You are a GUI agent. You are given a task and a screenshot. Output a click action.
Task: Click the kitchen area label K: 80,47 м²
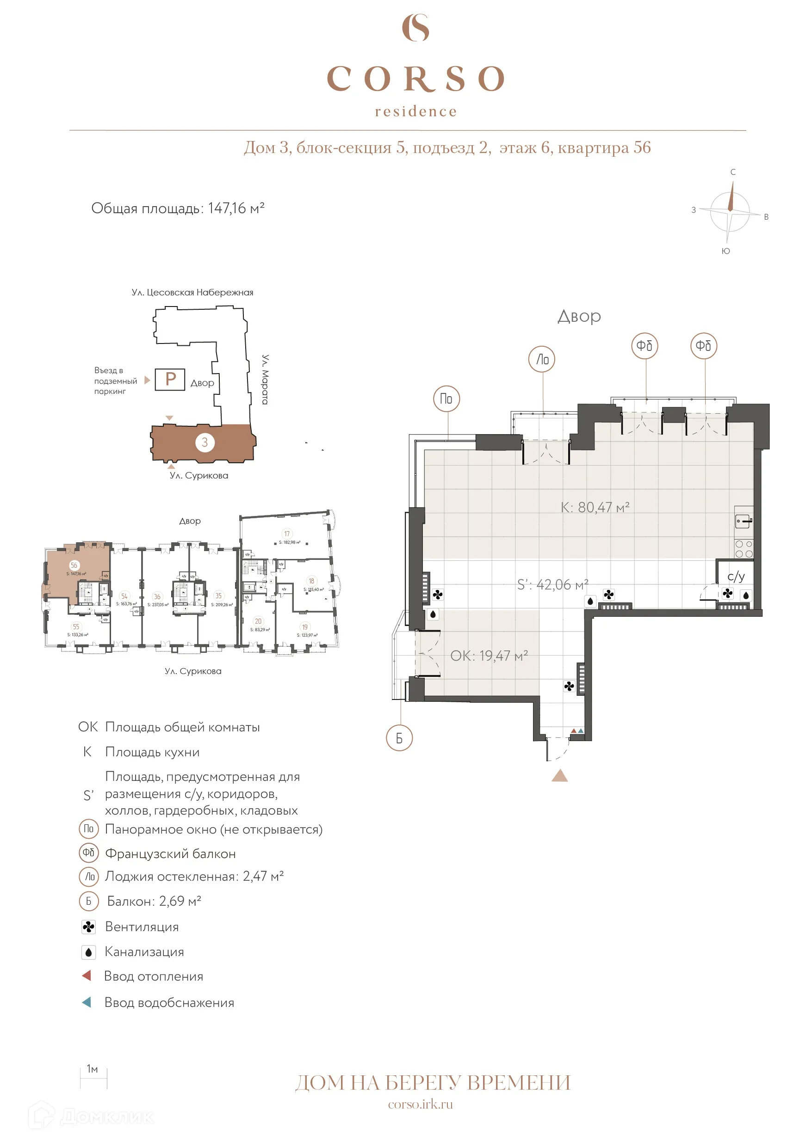(x=595, y=508)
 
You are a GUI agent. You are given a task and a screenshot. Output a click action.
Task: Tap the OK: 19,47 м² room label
(x=489, y=656)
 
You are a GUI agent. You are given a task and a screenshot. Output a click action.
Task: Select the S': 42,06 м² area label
(x=552, y=584)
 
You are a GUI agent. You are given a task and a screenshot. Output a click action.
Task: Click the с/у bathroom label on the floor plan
(x=736, y=577)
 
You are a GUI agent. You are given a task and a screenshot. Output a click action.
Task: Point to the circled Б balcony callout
(x=399, y=738)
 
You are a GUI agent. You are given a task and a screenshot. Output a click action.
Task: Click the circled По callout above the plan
(x=446, y=399)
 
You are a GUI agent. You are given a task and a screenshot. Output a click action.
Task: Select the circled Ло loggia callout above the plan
(x=542, y=359)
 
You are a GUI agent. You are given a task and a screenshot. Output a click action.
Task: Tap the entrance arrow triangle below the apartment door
(x=559, y=775)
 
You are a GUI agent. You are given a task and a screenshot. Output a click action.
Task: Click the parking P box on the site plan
(x=170, y=379)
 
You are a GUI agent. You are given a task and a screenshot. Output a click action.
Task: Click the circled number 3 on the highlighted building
(x=205, y=442)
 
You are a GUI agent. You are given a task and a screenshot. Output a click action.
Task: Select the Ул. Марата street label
(x=265, y=379)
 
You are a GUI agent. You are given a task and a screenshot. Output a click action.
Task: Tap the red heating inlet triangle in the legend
(x=87, y=975)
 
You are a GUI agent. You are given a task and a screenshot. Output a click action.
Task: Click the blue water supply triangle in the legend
(x=87, y=1002)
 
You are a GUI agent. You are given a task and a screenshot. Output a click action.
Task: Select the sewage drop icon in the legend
(x=88, y=952)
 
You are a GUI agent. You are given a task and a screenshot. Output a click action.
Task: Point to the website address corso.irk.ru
(x=420, y=1104)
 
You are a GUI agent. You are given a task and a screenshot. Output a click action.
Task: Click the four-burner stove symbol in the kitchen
(x=744, y=548)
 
